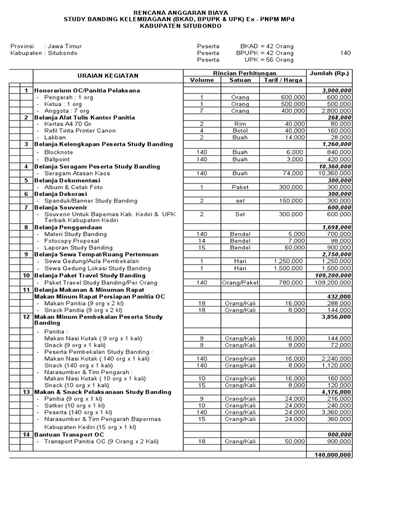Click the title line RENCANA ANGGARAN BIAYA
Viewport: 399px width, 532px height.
click(199, 11)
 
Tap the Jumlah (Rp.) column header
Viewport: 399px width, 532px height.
click(329, 73)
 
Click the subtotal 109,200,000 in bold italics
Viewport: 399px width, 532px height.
click(333, 275)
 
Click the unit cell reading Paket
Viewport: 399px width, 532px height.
click(240, 187)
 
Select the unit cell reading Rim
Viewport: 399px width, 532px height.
click(240, 124)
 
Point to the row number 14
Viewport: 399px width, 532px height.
click(26, 433)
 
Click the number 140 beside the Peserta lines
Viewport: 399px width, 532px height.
click(345, 53)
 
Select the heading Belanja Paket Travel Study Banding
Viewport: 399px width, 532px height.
click(89, 275)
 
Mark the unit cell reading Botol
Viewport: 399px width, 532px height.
click(240, 131)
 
